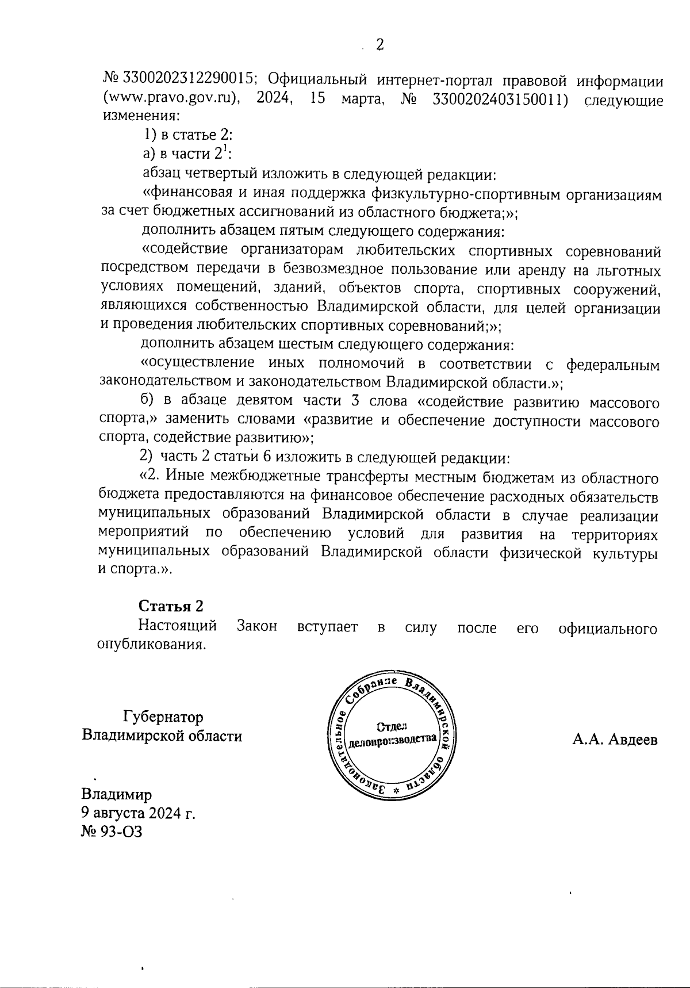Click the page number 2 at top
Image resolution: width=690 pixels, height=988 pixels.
tap(379, 44)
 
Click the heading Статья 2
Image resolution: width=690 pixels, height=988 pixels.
tap(171, 606)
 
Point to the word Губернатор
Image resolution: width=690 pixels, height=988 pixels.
tap(163, 717)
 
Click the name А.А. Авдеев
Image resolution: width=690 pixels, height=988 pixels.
tap(615, 740)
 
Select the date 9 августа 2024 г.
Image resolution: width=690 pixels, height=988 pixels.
tap(138, 813)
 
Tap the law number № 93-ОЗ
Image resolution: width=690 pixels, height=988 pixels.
tap(112, 832)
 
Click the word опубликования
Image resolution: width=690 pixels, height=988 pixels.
tap(151, 644)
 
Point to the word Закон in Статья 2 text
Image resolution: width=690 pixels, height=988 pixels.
tap(257, 626)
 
